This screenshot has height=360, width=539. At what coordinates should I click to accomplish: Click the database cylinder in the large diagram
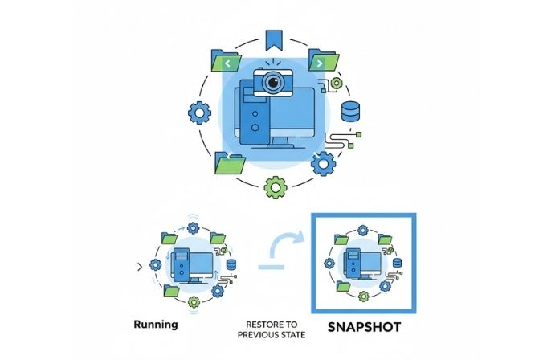pos(351,112)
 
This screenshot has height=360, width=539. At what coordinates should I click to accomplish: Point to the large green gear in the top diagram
pos(276,188)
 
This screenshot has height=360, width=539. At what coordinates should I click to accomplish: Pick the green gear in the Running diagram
pos(193,302)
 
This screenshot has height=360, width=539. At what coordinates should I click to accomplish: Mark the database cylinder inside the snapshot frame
pos(394,264)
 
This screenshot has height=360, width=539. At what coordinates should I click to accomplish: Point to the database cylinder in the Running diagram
pos(231,265)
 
